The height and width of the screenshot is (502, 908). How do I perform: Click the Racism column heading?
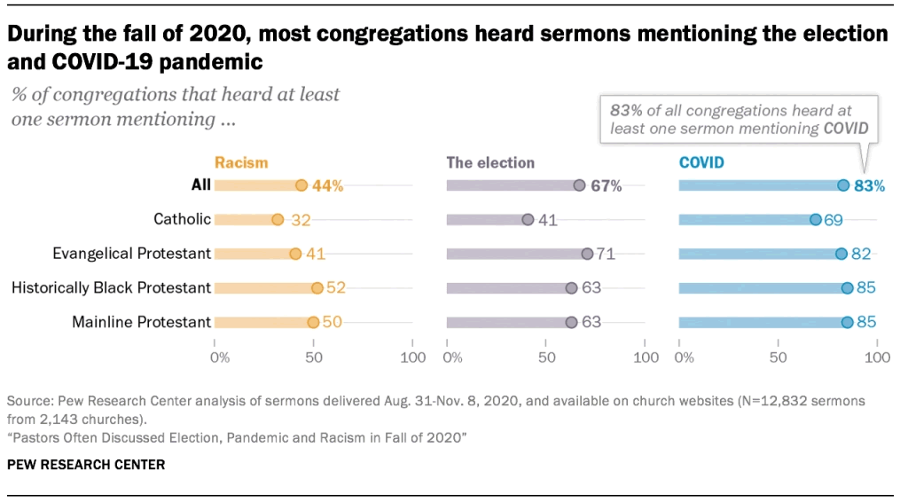point(241,162)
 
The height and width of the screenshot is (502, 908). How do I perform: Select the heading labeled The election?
point(490,162)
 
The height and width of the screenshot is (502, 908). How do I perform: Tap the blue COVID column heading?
point(701,162)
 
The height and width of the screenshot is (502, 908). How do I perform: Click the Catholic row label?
point(182,219)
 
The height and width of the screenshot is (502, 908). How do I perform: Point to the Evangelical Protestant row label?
point(131,254)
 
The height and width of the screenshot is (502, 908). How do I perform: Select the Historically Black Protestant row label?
point(111,287)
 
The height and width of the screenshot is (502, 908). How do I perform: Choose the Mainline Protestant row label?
point(141,322)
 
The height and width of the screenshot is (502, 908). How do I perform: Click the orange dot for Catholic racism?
point(278,219)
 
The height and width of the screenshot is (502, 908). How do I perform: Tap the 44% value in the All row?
point(326,185)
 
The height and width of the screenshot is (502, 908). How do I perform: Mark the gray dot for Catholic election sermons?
point(528,219)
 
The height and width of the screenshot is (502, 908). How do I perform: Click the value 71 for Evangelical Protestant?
point(606,254)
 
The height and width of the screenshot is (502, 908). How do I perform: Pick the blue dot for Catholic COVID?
point(815,219)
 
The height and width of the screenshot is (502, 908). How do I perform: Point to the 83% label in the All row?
point(869,185)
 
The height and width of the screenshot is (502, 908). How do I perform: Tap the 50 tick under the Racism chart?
point(313,357)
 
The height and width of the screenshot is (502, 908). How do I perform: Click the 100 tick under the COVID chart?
point(877,357)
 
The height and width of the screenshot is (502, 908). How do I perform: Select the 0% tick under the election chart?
point(452,357)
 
